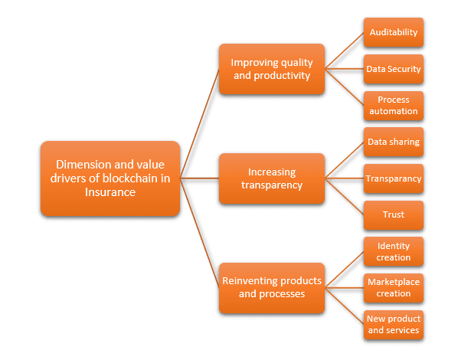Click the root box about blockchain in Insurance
(x=110, y=178)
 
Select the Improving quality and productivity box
(x=272, y=69)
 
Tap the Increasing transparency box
(x=272, y=178)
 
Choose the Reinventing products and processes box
(x=272, y=288)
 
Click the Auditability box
(x=394, y=32)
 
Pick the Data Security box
(x=394, y=69)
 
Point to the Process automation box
(x=394, y=106)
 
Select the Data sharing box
(x=394, y=142)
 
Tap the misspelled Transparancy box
(x=394, y=178)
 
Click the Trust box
(x=394, y=215)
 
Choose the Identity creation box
(x=394, y=251)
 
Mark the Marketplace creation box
(x=394, y=288)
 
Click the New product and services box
(x=394, y=325)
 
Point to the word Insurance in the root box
(x=110, y=192)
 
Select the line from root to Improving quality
(x=200, y=124)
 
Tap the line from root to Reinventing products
(x=200, y=233)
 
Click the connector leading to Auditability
(x=344, y=51)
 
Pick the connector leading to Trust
(x=344, y=197)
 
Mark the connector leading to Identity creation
(x=344, y=270)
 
